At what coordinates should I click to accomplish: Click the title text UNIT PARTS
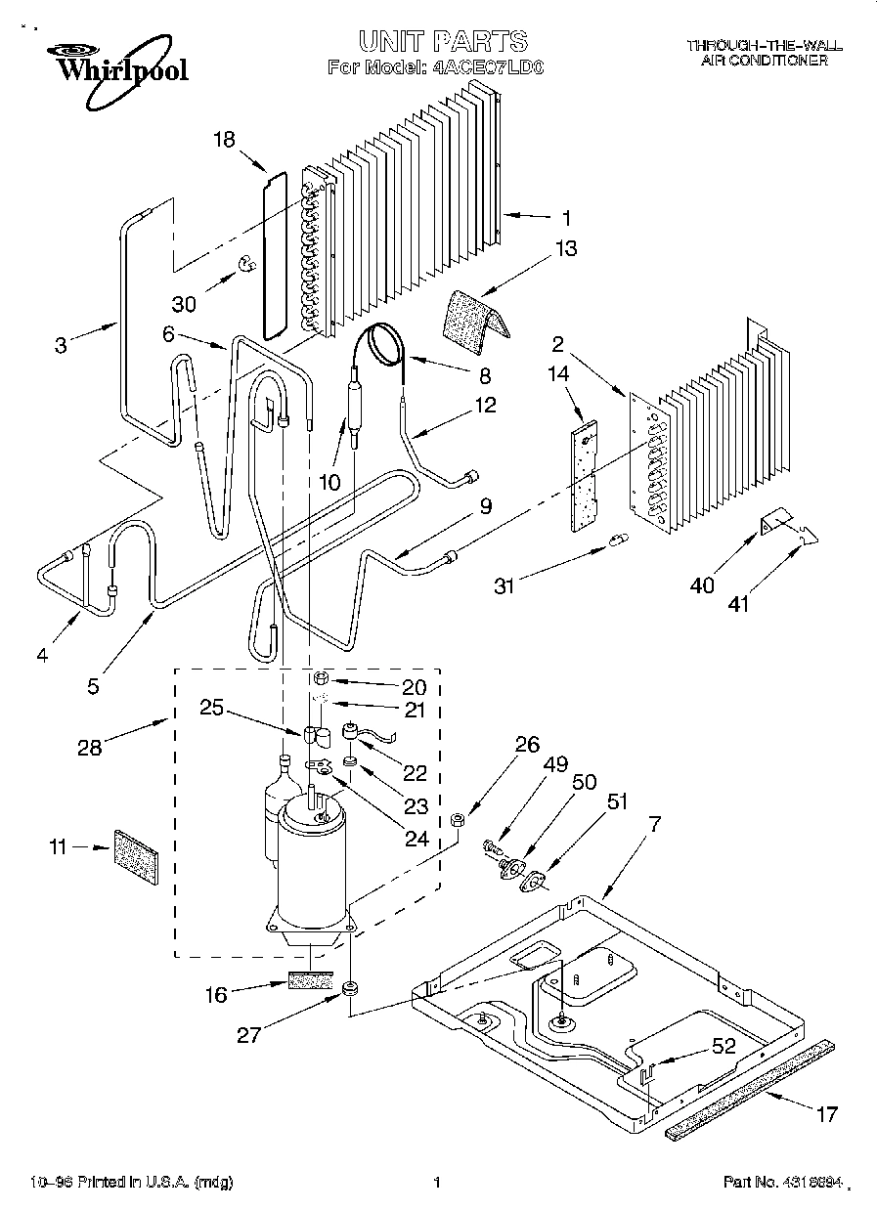[442, 41]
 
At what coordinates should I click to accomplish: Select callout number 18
[224, 140]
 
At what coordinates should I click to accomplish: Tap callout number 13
[566, 248]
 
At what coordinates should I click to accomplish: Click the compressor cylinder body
[312, 865]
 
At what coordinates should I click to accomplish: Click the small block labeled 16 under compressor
[312, 980]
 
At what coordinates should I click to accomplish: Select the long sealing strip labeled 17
[751, 1087]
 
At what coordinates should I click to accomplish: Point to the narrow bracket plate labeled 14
[585, 475]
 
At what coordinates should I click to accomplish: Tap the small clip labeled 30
[247, 262]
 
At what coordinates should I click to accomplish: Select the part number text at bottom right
[782, 1183]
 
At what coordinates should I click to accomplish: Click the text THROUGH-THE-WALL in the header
[764, 46]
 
